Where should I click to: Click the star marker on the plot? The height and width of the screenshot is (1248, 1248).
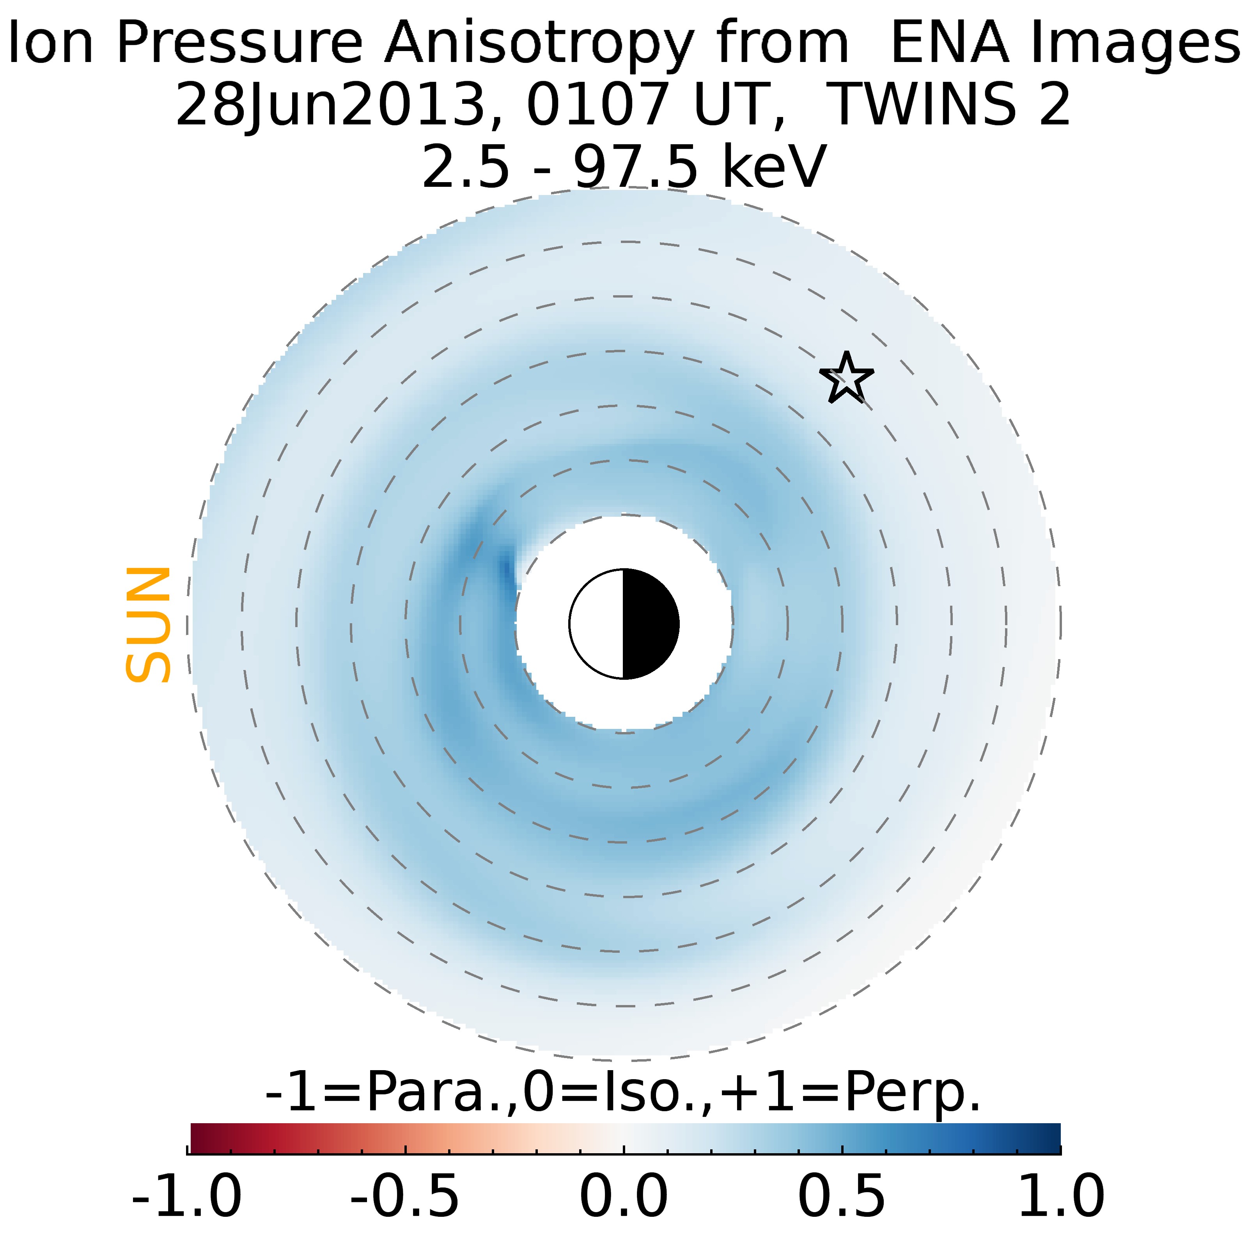pyautogui.click(x=846, y=379)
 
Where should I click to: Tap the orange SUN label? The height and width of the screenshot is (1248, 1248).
pyautogui.click(x=148, y=625)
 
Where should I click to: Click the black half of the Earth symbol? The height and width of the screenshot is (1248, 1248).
pyautogui.click(x=650, y=624)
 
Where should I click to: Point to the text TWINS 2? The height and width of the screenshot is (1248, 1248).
pyautogui.click(x=948, y=105)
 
